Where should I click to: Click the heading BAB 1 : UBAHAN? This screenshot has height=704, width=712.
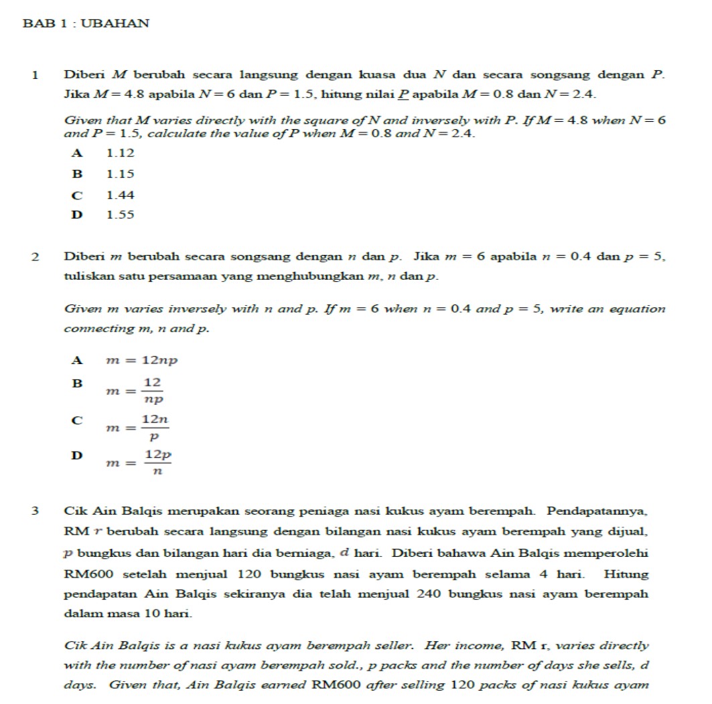(86, 23)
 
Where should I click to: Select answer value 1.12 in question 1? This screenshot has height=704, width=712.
(121, 153)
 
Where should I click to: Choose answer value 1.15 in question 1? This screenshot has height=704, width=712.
(121, 174)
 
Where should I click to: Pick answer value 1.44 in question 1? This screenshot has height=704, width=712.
(121, 195)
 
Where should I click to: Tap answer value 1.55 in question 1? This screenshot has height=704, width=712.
(121, 215)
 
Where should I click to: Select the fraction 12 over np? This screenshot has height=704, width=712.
(153, 390)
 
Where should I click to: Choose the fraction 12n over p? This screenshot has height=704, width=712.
(155, 427)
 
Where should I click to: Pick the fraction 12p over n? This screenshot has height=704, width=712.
(158, 462)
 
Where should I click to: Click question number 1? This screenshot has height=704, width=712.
(34, 75)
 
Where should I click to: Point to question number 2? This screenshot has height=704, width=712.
(34, 256)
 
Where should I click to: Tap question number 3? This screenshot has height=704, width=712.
(34, 512)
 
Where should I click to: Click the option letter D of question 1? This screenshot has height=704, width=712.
(78, 215)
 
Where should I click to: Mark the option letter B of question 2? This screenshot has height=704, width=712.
(78, 383)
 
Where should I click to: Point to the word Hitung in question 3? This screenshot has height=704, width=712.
(626, 574)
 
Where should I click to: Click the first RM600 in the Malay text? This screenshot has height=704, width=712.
(85, 574)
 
